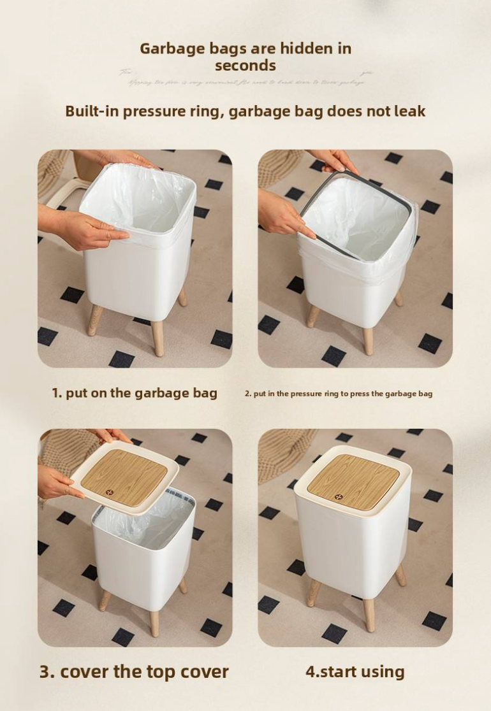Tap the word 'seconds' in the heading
pos(246,65)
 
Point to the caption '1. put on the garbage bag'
pos(135,393)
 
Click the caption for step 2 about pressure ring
pos(339,394)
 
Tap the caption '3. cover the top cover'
pos(134,671)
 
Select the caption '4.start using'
pos(355,671)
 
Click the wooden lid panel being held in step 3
pos(125,476)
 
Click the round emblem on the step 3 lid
pos(110,492)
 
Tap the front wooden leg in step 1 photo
pos(157,337)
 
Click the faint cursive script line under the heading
pos(246,82)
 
